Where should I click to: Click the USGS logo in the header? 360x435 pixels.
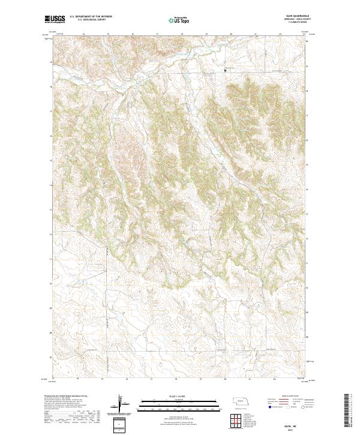54,19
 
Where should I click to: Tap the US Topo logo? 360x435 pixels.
179,20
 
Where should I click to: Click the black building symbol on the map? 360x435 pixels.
226,70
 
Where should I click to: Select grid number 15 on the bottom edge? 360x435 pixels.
103,379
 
